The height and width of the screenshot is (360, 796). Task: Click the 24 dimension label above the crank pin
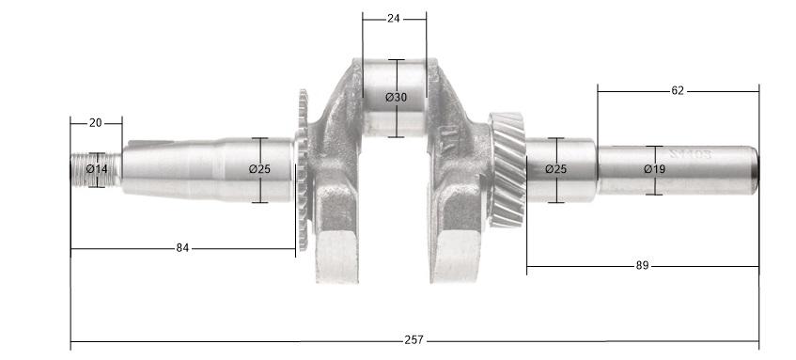pyautogui.click(x=394, y=18)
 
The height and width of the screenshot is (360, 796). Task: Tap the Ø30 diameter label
pyautogui.click(x=397, y=98)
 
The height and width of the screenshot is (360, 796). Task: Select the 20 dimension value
pyautogui.click(x=96, y=122)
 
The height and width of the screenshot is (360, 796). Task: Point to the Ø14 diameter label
pyautogui.click(x=97, y=169)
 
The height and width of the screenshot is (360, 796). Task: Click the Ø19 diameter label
pyautogui.click(x=655, y=169)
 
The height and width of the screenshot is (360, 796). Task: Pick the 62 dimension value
pyautogui.click(x=678, y=91)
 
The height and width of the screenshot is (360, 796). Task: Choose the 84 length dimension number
pyautogui.click(x=183, y=248)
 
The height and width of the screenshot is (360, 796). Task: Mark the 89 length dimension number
pyautogui.click(x=643, y=266)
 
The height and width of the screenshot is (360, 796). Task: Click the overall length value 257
pyautogui.click(x=414, y=338)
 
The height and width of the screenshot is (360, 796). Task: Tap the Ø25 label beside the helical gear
pyautogui.click(x=557, y=169)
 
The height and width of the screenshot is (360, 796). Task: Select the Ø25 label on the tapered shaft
pyautogui.click(x=260, y=169)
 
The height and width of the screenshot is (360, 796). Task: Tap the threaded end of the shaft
pyautogui.click(x=80, y=169)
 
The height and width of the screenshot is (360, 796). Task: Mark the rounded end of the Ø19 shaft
pyautogui.click(x=753, y=170)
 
